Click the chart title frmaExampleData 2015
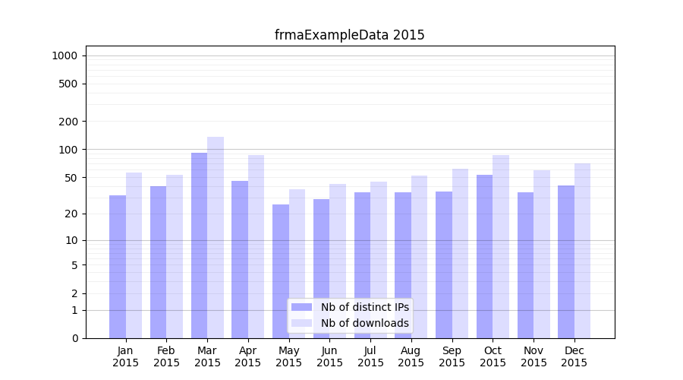coord(349,35)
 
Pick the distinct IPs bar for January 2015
coord(118,266)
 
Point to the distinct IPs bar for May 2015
coord(281,271)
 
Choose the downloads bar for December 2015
coord(582,251)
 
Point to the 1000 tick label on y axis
coord(65,55)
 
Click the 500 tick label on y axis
coord(68,84)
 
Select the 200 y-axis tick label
coord(68,122)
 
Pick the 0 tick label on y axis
coord(74,338)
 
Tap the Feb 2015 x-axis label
coord(166,356)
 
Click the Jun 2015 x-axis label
coord(329,356)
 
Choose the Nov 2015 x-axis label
coord(533,356)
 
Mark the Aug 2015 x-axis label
coord(411,356)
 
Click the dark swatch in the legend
coord(301,307)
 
